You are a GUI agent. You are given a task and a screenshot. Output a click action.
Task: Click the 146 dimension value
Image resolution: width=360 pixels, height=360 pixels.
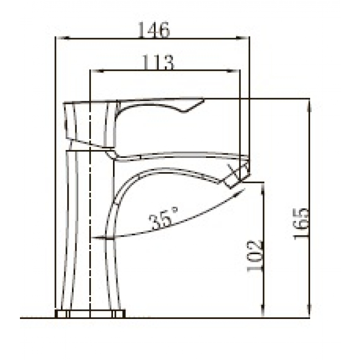(x=154, y=29)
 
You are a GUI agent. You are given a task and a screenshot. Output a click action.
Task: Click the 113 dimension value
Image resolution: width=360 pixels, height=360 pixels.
(x=158, y=62)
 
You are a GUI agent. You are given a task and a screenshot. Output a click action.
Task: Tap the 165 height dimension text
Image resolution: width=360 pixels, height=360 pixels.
(x=301, y=224)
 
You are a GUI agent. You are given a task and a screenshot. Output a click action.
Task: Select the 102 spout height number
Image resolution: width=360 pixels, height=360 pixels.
(x=254, y=255)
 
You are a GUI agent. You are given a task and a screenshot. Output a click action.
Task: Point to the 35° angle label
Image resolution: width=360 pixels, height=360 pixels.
(x=163, y=218)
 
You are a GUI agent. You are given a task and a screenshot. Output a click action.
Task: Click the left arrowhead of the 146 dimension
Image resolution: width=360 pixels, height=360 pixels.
(x=63, y=38)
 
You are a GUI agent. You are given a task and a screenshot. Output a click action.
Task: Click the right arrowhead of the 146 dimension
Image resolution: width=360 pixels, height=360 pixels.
(x=243, y=38)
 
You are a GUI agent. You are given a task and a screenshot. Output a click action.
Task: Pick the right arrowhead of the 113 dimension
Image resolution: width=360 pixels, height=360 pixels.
(x=233, y=71)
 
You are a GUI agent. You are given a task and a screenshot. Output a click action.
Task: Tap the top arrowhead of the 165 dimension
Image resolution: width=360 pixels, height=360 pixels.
(x=309, y=105)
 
